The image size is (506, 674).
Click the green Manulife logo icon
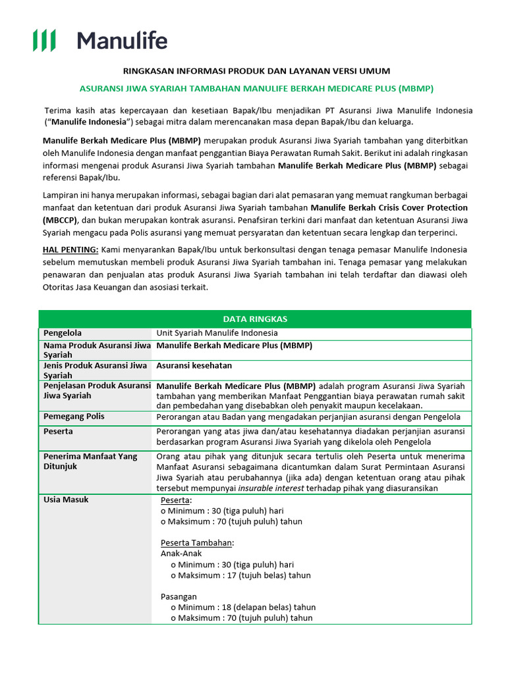pyautogui.click(x=44, y=41)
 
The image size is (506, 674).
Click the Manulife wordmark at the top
pyautogui.click(x=122, y=41)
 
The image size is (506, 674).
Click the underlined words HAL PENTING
pyautogui.click(x=70, y=249)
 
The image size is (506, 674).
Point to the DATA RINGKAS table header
pyautogui.click(x=255, y=319)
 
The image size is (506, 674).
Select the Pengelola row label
pyautogui.click(x=63, y=333)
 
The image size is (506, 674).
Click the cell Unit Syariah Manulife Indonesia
pyautogui.click(x=217, y=333)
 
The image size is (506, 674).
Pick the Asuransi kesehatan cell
pyautogui.click(x=194, y=365)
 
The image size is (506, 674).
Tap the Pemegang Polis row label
pyautogui.click(x=74, y=417)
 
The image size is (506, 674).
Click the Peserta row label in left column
pyautogui.click(x=58, y=431)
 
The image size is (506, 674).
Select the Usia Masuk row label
pyautogui.click(x=66, y=500)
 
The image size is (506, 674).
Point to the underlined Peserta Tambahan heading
pyautogui.click(x=197, y=542)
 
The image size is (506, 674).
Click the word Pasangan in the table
pyautogui.click(x=179, y=596)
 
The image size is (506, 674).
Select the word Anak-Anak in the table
pyautogui.click(x=181, y=554)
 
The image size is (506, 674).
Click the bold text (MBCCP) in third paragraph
pyautogui.click(x=60, y=220)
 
